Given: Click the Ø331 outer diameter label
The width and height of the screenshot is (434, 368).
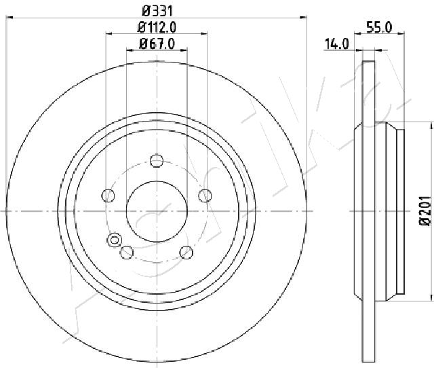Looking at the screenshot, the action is pos(157,12).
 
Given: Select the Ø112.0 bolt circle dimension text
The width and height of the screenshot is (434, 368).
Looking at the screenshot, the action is pos(157,27).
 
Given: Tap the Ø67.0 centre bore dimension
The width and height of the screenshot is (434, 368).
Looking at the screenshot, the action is pos(157,43).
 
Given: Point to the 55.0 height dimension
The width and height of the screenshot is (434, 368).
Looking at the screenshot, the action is pos(379,28).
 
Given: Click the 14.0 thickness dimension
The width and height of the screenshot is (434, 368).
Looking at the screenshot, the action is pos(337,44).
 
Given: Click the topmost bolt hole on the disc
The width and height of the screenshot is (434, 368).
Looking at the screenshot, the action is pos(157,161).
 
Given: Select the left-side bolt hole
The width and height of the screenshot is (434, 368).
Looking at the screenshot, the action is pos(108,196).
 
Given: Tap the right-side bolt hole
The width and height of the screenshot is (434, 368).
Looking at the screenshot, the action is pos(205,196).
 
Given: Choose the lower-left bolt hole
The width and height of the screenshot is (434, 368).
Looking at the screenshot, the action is pos(127,253).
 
